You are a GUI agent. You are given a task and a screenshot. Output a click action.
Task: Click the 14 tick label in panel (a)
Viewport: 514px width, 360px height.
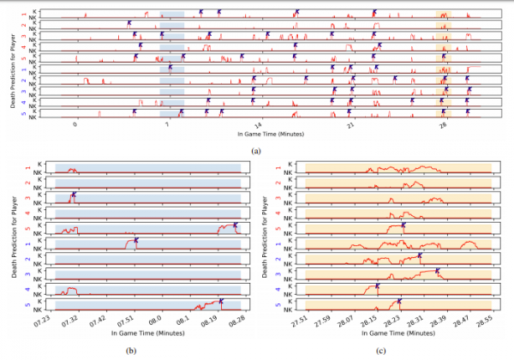pyautogui.click(x=259, y=125)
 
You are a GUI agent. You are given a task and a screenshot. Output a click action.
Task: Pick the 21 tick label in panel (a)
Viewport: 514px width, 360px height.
pyautogui.click(x=350, y=125)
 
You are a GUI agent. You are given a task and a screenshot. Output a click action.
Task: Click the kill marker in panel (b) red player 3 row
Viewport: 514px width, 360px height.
pyautogui.click(x=74, y=196)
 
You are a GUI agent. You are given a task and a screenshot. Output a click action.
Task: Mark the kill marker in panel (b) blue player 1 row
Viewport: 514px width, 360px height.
pyautogui.click(x=136, y=242)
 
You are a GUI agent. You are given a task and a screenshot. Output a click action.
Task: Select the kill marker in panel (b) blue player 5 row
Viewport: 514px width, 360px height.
pyautogui.click(x=221, y=301)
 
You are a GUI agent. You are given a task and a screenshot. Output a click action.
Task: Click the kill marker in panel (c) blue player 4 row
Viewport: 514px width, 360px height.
pyautogui.click(x=377, y=285)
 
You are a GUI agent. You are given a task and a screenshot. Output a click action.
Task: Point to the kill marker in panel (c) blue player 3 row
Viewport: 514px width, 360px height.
pyautogui.click(x=437, y=271)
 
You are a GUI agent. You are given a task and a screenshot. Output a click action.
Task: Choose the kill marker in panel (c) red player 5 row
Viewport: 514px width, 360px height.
pyautogui.click(x=403, y=226)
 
